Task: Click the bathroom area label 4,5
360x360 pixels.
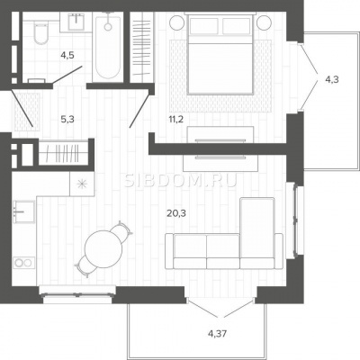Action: pos(67,55)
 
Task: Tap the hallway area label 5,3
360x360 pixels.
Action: pos(67,120)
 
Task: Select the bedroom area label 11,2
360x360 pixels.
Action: pos(176,120)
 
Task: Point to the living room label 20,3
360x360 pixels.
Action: pos(176,213)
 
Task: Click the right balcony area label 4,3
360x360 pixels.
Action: pos(332,80)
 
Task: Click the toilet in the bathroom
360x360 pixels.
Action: pos(40,32)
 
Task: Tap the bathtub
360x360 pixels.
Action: pos(108,47)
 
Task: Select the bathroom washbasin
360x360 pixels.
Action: pos(77,22)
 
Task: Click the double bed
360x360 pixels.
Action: pos(220,54)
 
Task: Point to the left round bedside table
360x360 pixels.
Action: pos(177,22)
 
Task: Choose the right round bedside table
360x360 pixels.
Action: pos(265,22)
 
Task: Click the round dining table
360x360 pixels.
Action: pos(103,248)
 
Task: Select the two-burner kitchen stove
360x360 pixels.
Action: pos(23,263)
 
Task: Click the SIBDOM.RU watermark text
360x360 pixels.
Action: pos(181,181)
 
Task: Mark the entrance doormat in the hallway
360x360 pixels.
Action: pos(26,112)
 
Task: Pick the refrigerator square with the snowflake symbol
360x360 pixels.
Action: pos(82,184)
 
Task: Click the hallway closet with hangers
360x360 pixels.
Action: pos(64,153)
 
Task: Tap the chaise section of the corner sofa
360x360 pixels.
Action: pos(257,228)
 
